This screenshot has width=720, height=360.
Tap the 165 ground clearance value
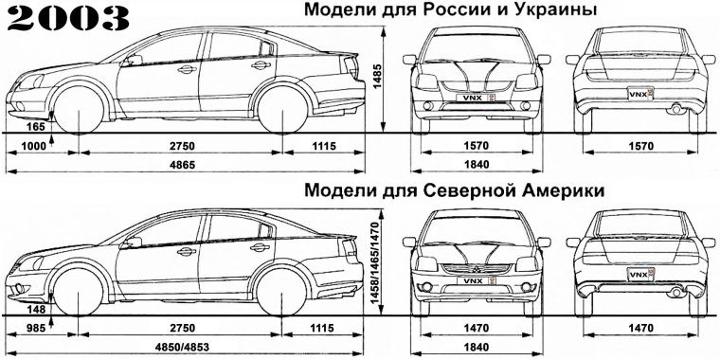pos(37,126)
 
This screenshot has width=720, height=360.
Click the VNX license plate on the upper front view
pos(474,98)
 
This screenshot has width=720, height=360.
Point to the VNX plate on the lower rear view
pos(637,275)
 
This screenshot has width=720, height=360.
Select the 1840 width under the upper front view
pos(472,163)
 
